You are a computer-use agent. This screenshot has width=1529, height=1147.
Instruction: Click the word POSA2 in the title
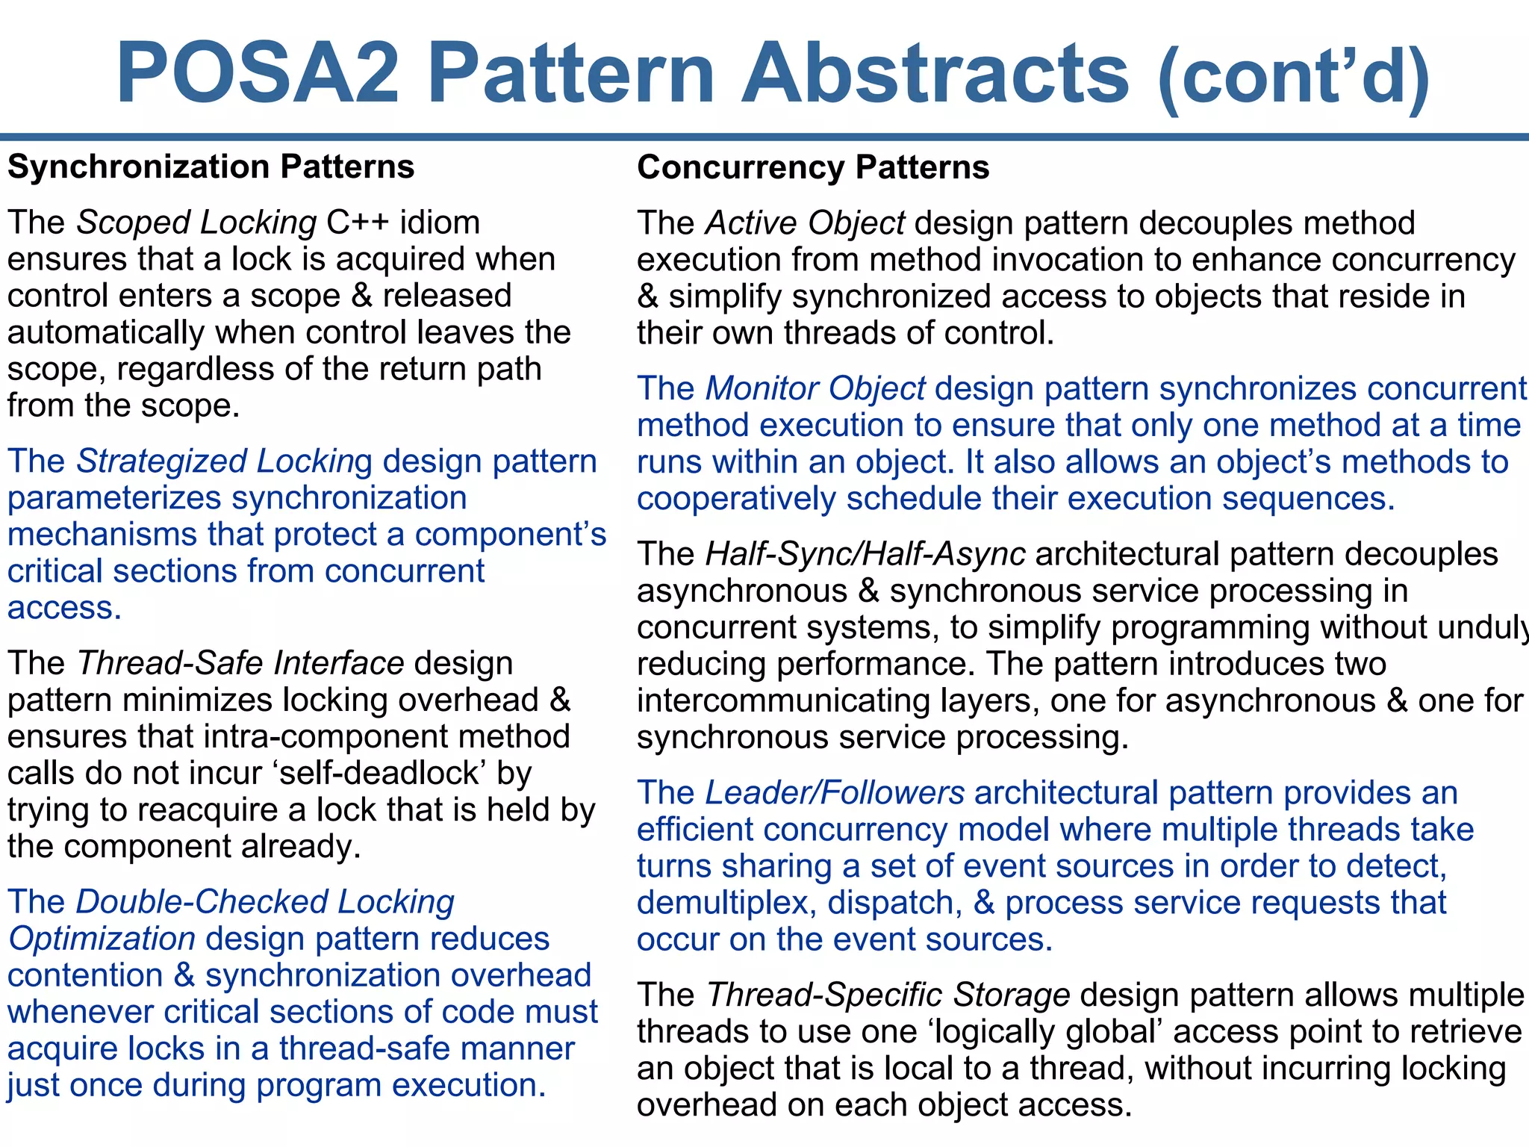[258, 73]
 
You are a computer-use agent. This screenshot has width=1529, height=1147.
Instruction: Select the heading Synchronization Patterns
[211, 167]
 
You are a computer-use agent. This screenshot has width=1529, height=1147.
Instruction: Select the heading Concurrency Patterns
[812, 167]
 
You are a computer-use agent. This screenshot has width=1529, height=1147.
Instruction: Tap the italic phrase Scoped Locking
[197, 223]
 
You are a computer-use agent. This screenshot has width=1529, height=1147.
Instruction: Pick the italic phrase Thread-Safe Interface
[240, 663]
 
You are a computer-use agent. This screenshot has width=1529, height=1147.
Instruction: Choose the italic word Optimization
[102, 939]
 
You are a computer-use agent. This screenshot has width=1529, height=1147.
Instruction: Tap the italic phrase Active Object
[806, 223]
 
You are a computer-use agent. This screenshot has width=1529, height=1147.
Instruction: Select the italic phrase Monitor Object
[815, 388]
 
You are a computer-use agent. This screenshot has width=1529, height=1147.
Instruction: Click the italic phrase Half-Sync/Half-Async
[865, 554]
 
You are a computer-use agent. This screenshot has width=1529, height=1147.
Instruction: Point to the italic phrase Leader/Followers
[835, 793]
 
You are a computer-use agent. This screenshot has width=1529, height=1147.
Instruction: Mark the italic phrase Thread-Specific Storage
[888, 995]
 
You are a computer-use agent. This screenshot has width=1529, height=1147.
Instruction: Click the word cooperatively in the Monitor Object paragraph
[736, 499]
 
